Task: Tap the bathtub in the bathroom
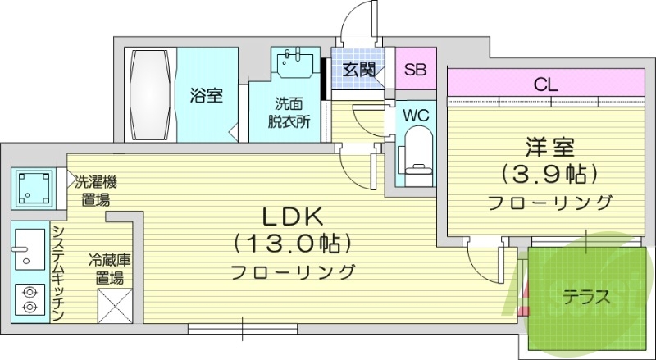point(149,95)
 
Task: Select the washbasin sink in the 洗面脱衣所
point(293,62)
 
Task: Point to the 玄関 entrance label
point(358,69)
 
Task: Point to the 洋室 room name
point(550,148)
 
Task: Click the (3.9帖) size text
point(550,174)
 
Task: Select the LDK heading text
point(293,216)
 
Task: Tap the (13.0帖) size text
point(293,244)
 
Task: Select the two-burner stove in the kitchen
point(30,299)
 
